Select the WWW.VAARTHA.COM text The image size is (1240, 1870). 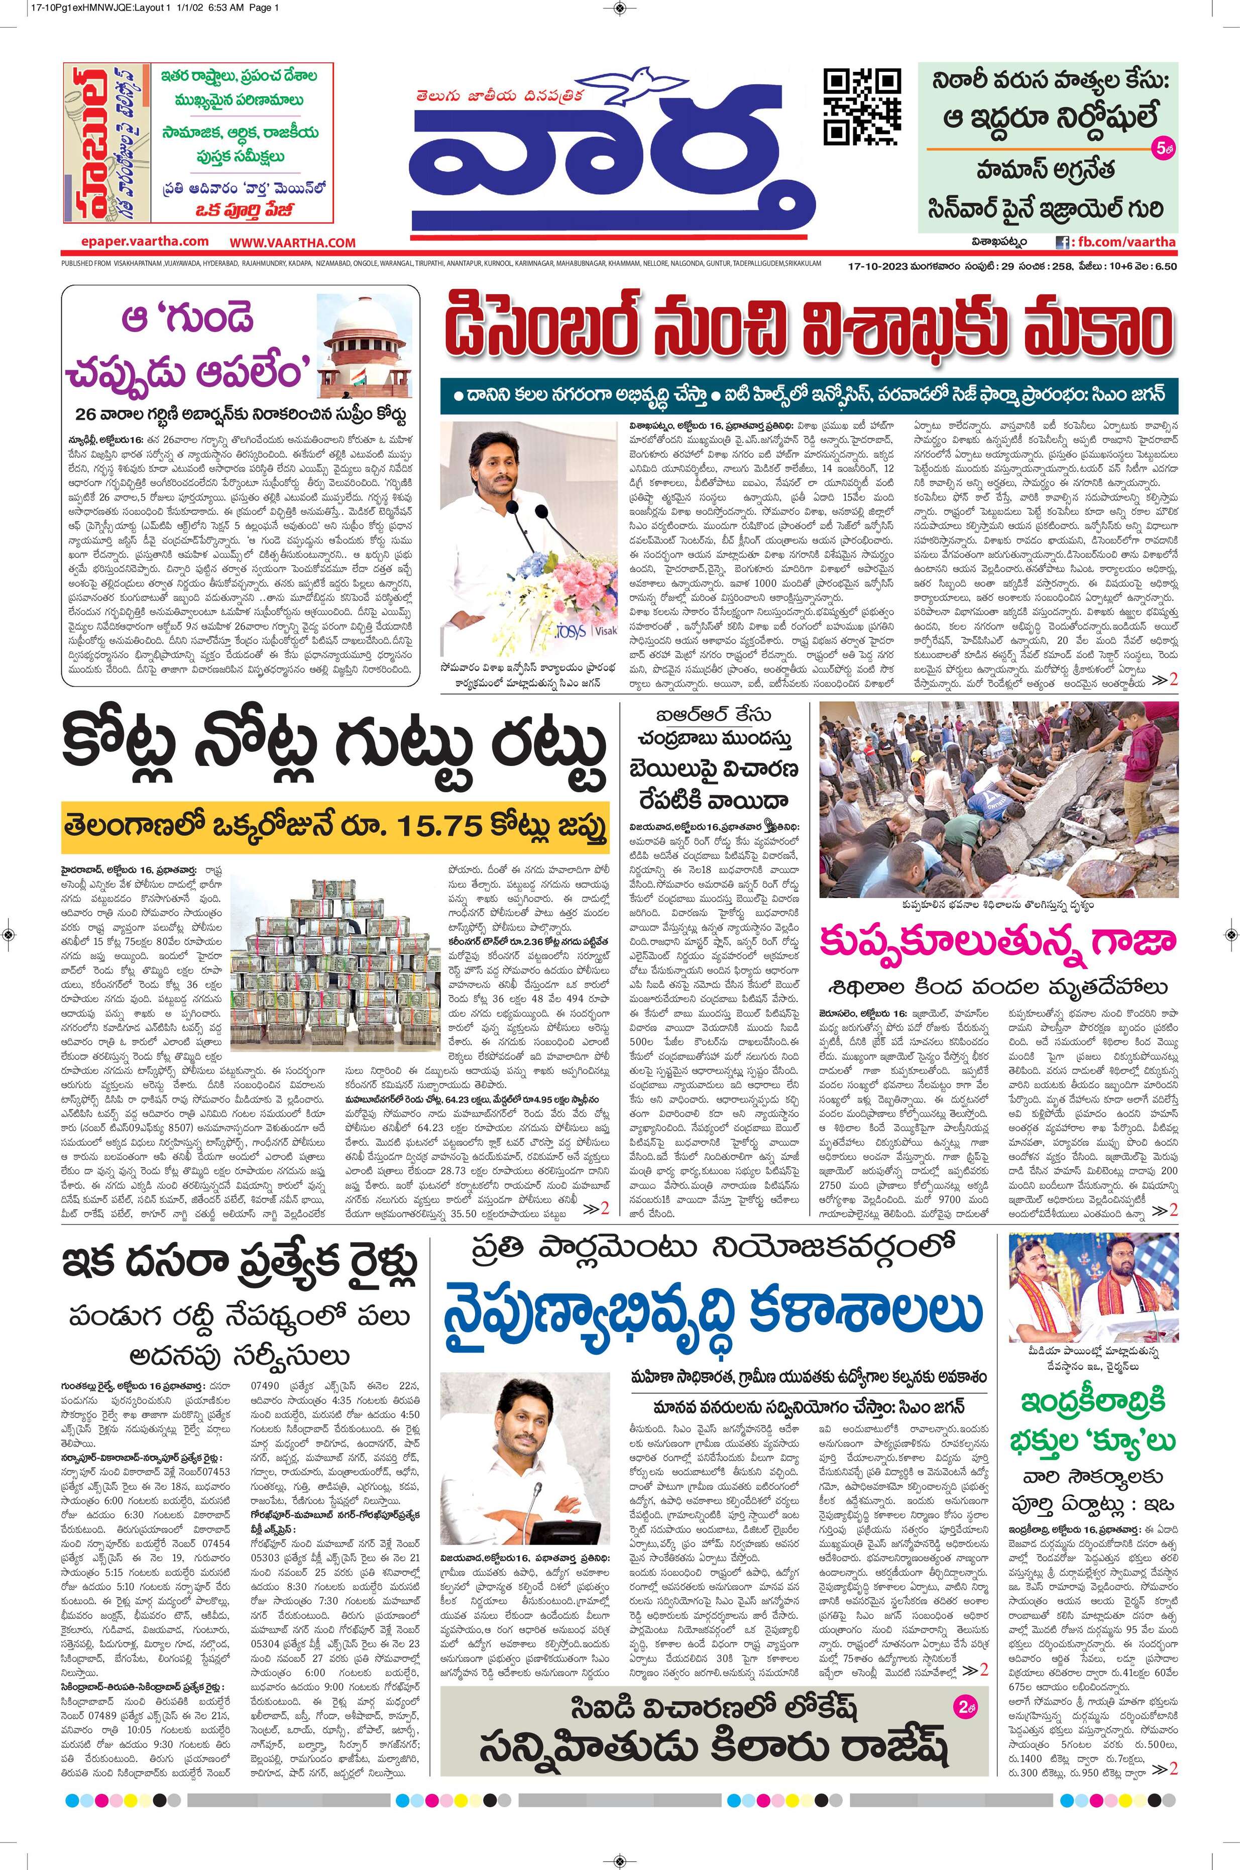click(293, 242)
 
